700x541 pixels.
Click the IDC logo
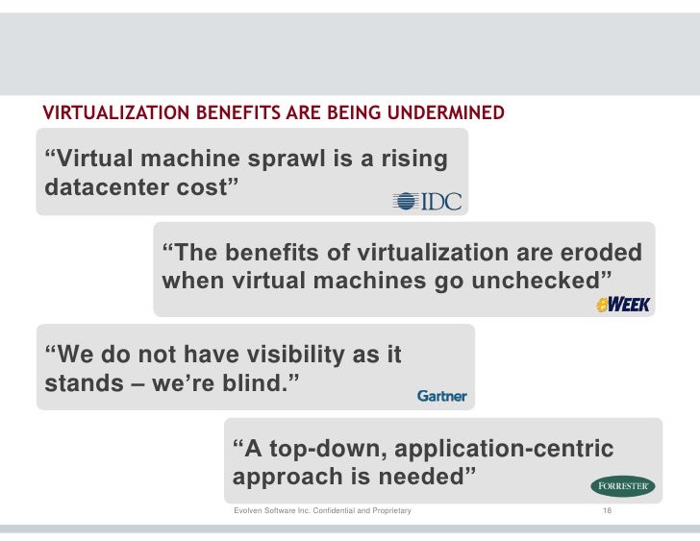[428, 201]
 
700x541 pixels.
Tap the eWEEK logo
[623, 305]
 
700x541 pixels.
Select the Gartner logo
[442, 396]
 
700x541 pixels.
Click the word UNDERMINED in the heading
[447, 114]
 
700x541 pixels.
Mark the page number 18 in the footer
[607, 510]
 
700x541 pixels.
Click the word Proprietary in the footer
[390, 510]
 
